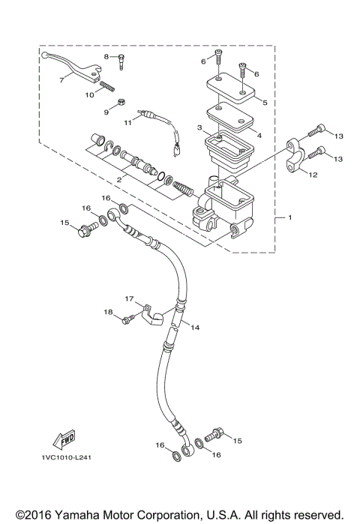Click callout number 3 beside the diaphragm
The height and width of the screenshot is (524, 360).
point(199,130)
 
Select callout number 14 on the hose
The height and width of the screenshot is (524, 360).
point(194,328)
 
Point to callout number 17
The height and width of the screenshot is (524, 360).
point(129,298)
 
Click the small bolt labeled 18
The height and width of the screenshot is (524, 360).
point(127,320)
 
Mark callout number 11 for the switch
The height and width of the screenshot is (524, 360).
point(127,121)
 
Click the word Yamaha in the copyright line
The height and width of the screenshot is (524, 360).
point(71,514)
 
